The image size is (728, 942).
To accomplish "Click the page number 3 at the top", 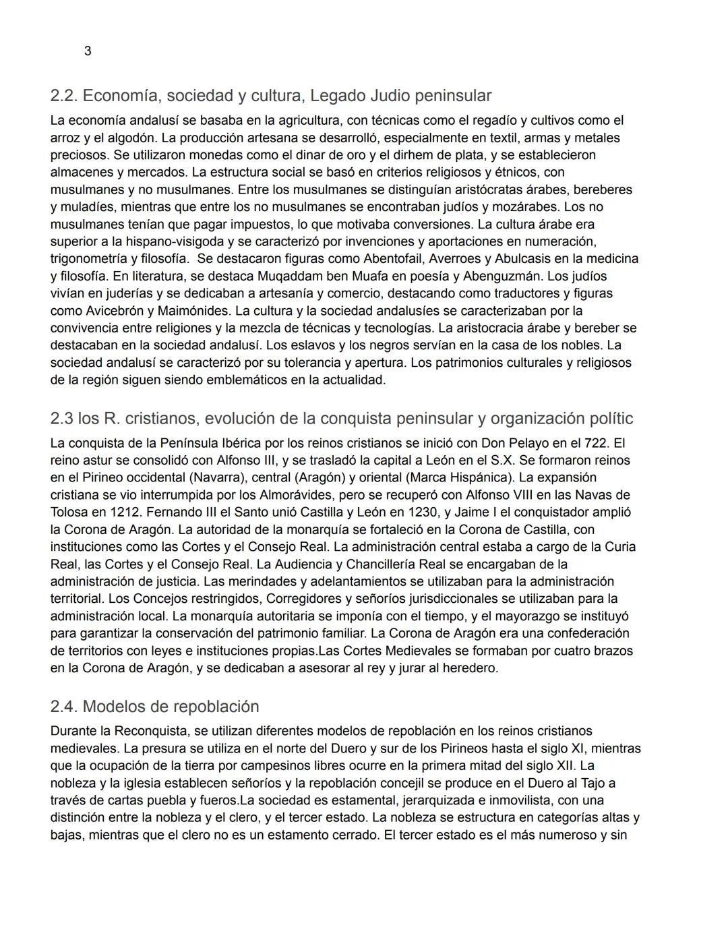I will tap(88, 51).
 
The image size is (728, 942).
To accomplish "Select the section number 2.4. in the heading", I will tap(64, 706).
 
